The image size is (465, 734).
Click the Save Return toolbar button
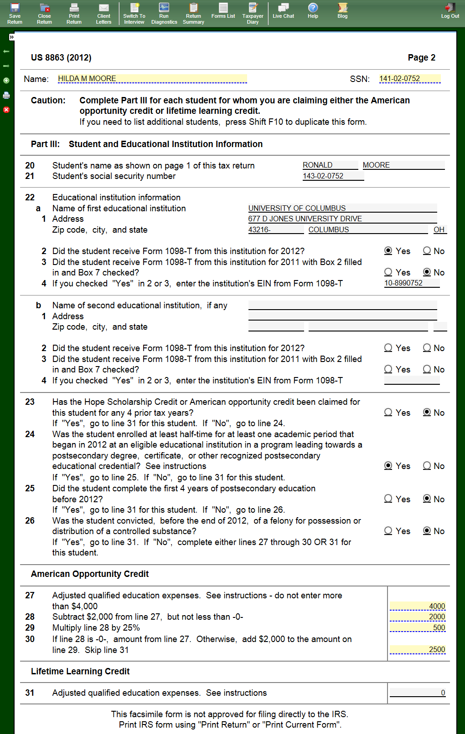(15, 13)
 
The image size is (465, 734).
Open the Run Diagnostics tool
(164, 13)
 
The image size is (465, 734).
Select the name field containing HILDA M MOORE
(152, 79)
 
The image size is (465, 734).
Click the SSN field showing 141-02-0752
(409, 79)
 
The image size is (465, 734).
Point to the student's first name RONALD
(330, 165)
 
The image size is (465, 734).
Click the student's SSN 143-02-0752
(333, 176)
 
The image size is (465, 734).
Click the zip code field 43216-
(275, 230)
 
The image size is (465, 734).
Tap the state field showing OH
(439, 230)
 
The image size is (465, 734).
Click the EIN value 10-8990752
(411, 283)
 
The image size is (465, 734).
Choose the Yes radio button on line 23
(388, 413)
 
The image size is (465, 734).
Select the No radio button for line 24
(427, 466)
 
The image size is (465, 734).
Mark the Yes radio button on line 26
(388, 531)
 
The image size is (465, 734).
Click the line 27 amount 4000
(418, 606)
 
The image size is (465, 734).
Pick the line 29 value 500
(418, 628)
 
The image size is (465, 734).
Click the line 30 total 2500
(418, 650)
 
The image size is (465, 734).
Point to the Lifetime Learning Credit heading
(80, 672)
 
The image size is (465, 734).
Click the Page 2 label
(421, 58)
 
